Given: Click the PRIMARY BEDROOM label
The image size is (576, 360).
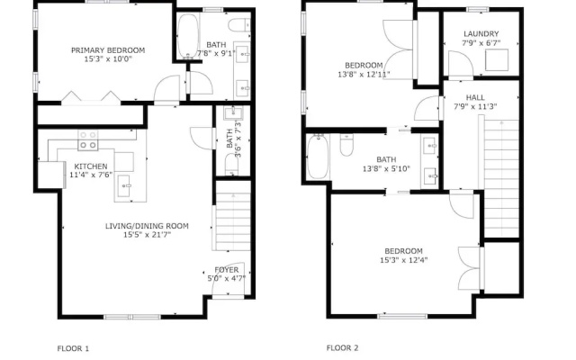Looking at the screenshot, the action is pos(108,50).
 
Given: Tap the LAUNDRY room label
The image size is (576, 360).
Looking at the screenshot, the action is pos(481,34).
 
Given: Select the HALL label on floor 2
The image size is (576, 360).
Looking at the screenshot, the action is pos(475,98).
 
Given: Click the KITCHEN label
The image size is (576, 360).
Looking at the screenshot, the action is pos(91,166).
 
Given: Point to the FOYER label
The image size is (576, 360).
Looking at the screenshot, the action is pos(226,270).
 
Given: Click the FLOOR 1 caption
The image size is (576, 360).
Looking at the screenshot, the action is pos(73,348).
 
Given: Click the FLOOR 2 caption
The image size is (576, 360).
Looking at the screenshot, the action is pos(342,348).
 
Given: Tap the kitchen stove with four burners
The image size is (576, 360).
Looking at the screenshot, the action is pos(88,140).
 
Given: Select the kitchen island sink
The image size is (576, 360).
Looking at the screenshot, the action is pos(124,181).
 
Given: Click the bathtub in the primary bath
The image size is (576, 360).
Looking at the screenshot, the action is pos(188,36).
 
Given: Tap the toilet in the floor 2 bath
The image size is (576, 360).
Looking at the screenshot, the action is pos(346,145).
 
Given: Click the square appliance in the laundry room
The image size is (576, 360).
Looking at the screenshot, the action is pos(497,60).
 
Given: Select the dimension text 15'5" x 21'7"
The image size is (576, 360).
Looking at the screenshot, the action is pos(147,235).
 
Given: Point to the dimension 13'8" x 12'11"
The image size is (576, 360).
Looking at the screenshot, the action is pos(364,75).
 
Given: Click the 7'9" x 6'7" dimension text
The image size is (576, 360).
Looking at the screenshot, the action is pos(481,43).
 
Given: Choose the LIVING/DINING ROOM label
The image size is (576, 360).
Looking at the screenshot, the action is pos(147,226).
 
